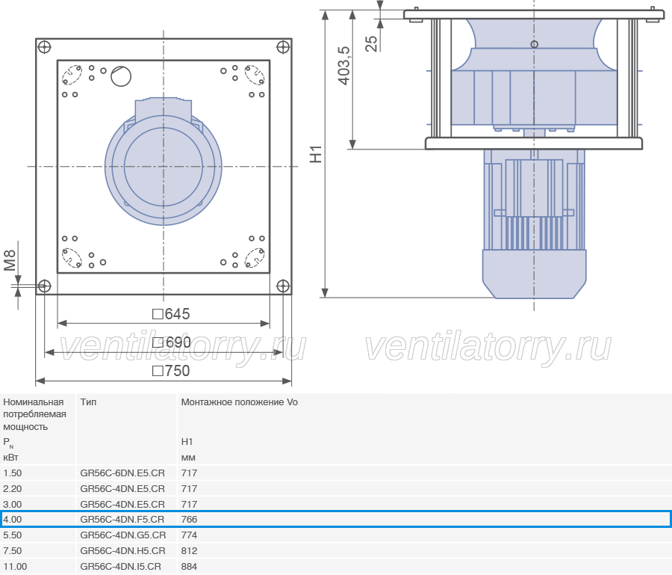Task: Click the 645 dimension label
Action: coord(171,314)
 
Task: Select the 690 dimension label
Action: coord(172,342)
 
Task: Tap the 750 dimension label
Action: coord(171,371)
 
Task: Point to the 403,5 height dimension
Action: coord(344,66)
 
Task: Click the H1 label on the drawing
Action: coord(316,155)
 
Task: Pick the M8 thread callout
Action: coord(10,261)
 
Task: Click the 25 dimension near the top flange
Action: coord(372,44)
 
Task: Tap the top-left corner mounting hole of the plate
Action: coord(45,47)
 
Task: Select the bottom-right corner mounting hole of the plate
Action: coord(283,286)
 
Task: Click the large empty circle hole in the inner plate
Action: coord(121,76)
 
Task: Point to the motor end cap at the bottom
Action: coord(534,274)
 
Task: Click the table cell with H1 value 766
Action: coord(189,519)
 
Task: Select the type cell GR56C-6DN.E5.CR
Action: coord(122,473)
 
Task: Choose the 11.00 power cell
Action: coord(15,567)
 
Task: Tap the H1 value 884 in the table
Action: coord(189,567)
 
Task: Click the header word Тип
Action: coord(88,402)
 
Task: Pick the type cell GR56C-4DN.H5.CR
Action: coord(122,550)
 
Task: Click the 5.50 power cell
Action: coord(13,535)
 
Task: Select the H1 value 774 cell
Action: coord(189,535)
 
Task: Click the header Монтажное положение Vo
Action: coord(239,402)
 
